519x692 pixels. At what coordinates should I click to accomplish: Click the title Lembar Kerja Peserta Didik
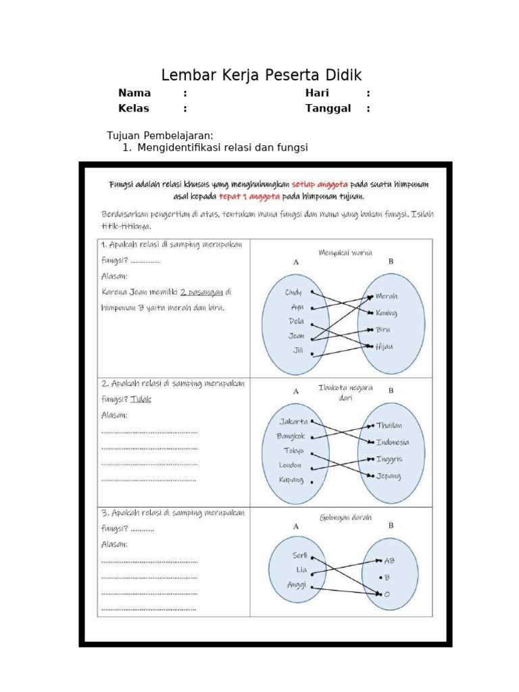click(262, 75)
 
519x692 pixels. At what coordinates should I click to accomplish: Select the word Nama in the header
click(134, 93)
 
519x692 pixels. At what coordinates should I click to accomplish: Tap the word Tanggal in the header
click(328, 108)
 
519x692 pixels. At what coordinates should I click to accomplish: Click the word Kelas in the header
click(134, 108)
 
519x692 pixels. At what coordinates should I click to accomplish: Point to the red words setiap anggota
click(321, 184)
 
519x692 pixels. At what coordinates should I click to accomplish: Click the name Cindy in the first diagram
click(293, 293)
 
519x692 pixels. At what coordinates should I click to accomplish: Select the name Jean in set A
click(297, 335)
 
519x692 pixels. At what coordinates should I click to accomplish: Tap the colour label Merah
click(387, 297)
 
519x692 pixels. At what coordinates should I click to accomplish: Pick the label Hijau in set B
click(385, 346)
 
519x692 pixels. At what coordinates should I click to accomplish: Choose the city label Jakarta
click(293, 421)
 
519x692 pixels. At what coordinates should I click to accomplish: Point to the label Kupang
click(291, 480)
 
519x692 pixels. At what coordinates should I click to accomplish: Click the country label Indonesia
click(392, 443)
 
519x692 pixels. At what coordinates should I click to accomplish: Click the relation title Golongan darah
click(345, 518)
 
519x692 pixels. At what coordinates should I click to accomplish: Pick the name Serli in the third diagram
click(300, 555)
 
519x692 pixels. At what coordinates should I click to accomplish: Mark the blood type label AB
click(389, 560)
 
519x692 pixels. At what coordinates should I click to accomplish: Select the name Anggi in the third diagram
click(297, 585)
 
